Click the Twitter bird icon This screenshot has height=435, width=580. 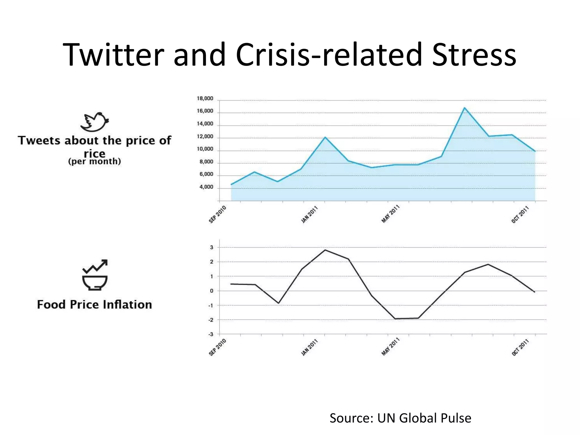coord(94,122)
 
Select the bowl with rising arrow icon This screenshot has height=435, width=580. coord(95,275)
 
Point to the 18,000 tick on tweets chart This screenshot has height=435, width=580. coord(205,99)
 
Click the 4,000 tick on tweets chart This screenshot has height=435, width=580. coord(206,187)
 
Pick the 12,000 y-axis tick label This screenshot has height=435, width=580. coord(205,137)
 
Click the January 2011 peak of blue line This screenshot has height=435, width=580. coord(325,137)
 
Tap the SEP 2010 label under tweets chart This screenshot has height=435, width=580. coord(217,214)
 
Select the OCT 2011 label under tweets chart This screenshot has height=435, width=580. coord(520,215)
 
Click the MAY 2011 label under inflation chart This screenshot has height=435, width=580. coord(390,347)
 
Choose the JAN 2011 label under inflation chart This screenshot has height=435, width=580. coord(309,347)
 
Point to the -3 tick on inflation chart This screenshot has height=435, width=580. coord(211,334)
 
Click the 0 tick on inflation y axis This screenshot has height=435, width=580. coord(212,291)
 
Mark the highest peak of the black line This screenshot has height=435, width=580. coord(325,250)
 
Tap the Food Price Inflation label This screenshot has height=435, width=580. coord(95,305)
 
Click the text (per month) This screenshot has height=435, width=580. coord(95,161)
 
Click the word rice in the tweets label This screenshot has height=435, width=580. coord(95,154)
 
